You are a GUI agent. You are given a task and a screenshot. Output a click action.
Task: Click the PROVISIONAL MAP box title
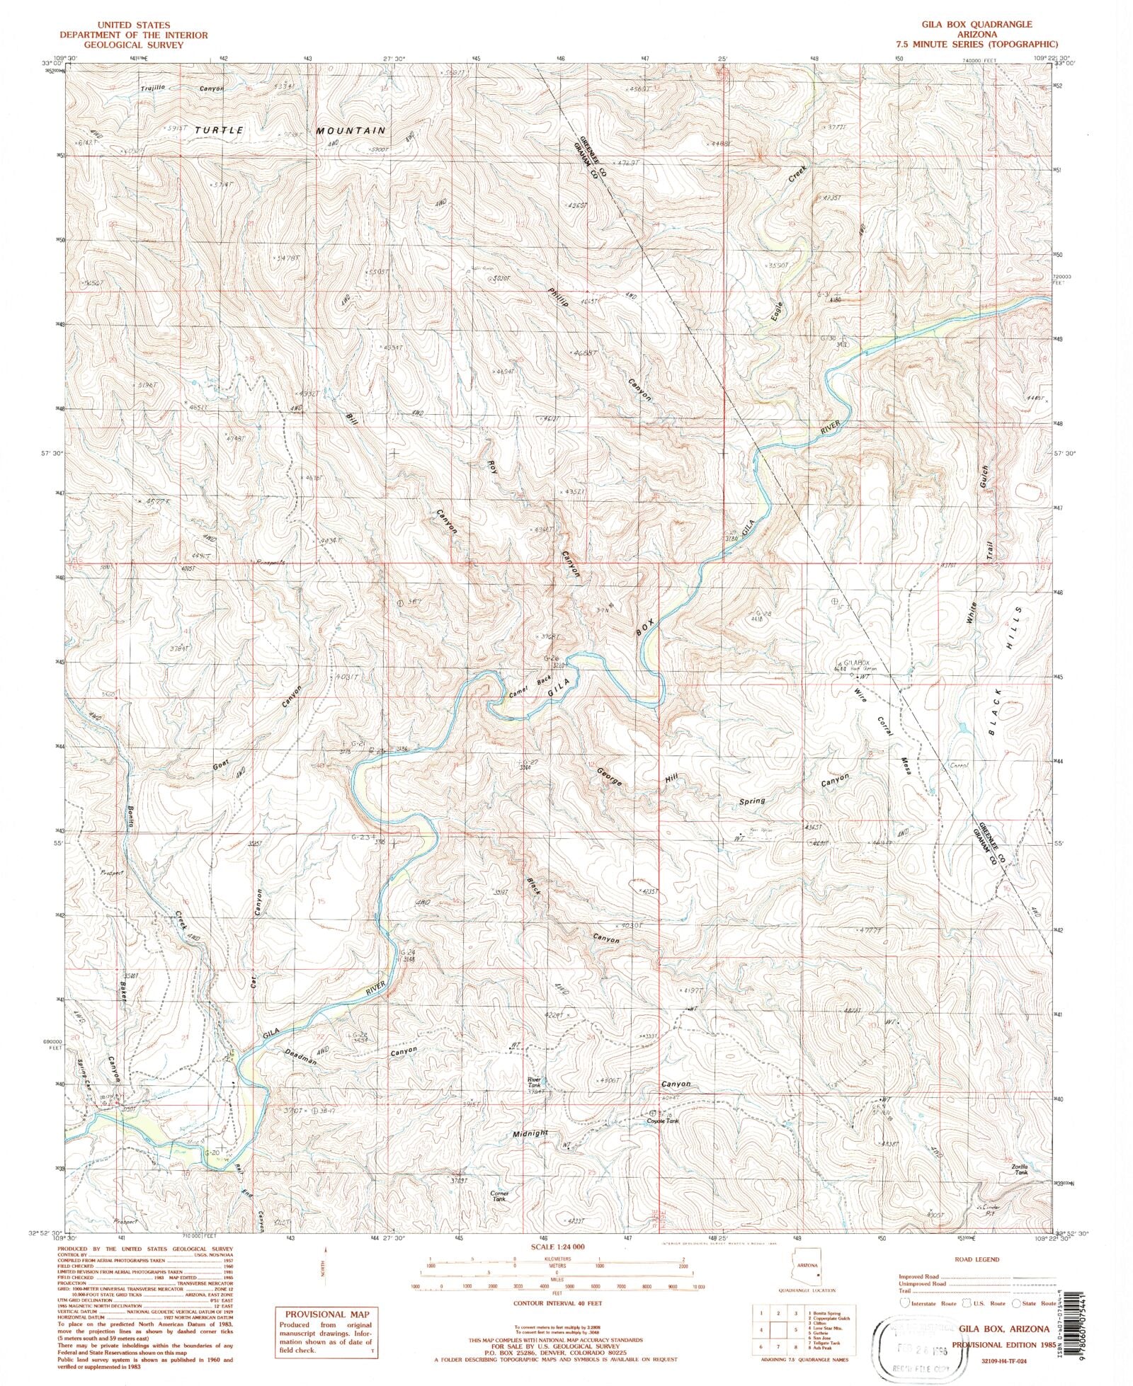[325, 1312]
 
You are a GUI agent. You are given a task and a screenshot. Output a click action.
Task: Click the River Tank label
[534, 1083]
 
